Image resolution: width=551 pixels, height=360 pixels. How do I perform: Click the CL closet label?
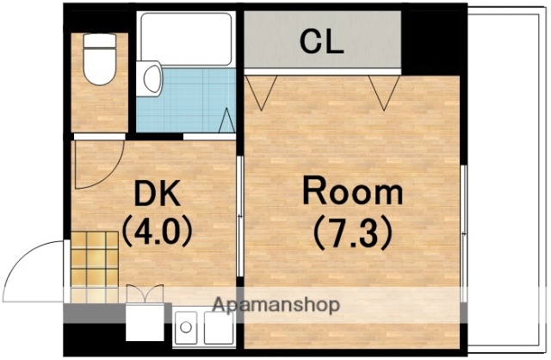(x=321, y=41)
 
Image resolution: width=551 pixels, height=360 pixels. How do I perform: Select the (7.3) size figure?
(x=352, y=233)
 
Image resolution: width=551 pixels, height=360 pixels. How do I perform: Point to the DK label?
(x=157, y=193)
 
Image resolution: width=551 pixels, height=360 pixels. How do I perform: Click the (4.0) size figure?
(x=157, y=231)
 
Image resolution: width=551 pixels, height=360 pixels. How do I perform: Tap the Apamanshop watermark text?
(x=276, y=305)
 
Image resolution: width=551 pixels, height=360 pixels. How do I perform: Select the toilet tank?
(x=100, y=40)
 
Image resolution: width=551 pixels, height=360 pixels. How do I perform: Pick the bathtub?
(x=186, y=39)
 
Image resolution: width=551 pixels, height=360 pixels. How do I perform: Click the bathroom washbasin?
(x=152, y=78)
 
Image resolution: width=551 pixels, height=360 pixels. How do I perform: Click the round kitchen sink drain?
(x=186, y=327)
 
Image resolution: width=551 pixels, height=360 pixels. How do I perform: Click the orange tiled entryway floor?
(x=95, y=267)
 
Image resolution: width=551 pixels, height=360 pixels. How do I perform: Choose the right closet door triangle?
(x=384, y=92)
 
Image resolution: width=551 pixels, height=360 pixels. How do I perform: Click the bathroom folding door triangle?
(x=226, y=121)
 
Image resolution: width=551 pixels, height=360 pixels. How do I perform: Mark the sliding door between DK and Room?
(x=240, y=216)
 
